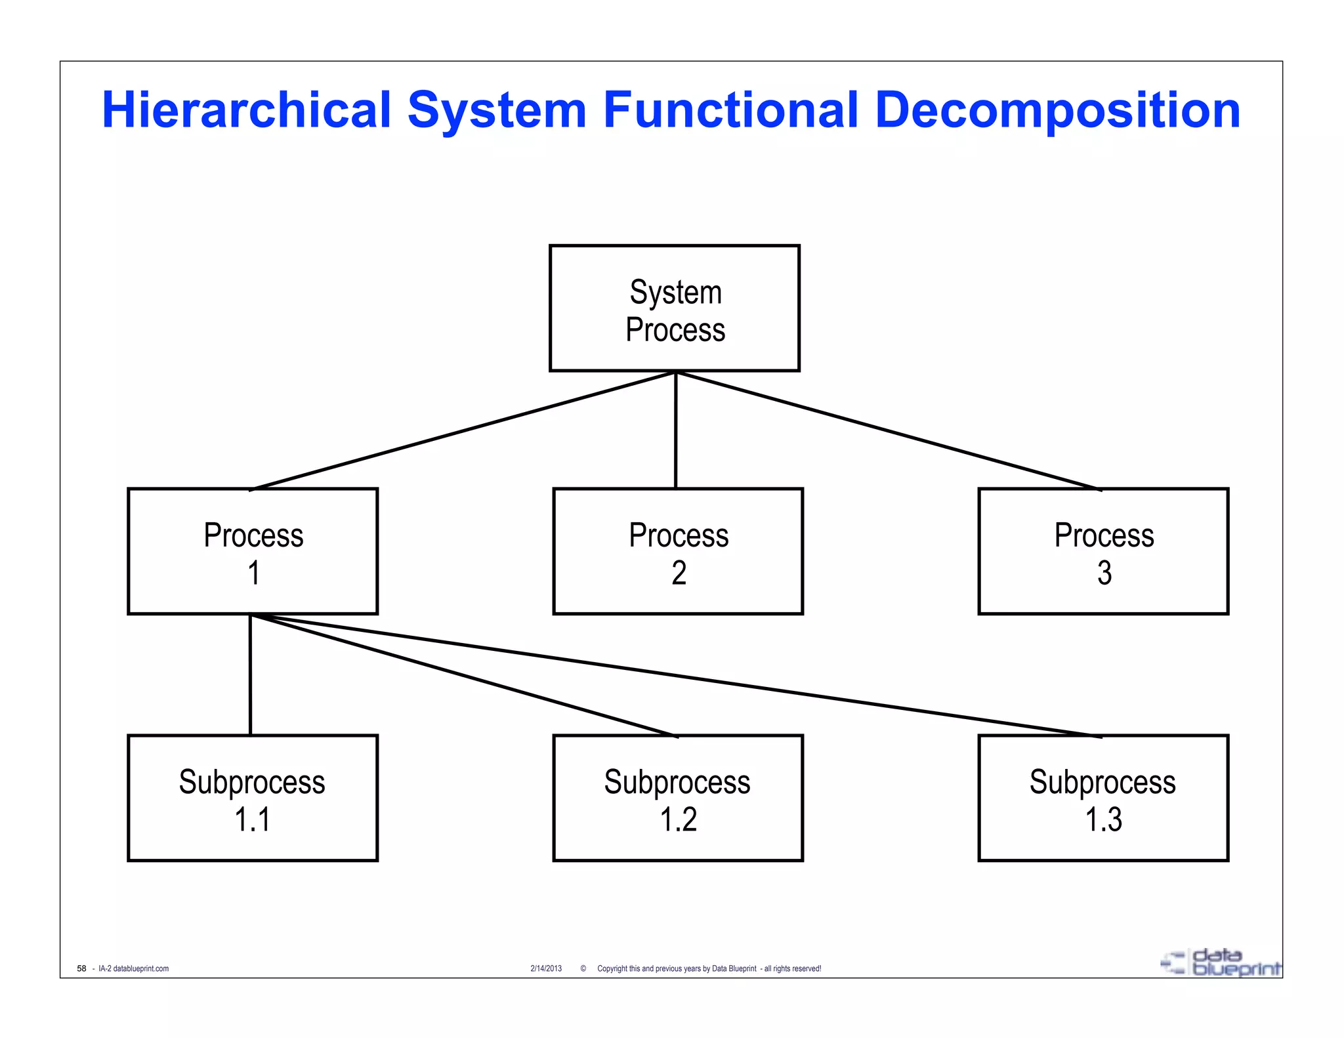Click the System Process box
(x=674, y=308)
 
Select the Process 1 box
(x=253, y=551)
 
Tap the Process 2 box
(x=678, y=551)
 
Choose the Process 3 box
(x=1103, y=551)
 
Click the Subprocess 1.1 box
(x=253, y=798)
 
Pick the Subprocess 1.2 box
(x=678, y=798)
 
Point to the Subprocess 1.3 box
(x=1103, y=798)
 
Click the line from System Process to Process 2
(x=675, y=430)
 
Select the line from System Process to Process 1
(x=463, y=430)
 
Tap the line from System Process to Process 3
(x=888, y=430)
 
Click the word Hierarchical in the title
(x=247, y=110)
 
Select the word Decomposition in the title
(x=1057, y=110)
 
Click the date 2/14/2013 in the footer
(x=546, y=968)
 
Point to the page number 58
(x=81, y=968)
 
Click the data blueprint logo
(x=1221, y=963)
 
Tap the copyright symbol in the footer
(x=583, y=968)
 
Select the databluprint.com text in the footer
(x=140, y=968)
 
